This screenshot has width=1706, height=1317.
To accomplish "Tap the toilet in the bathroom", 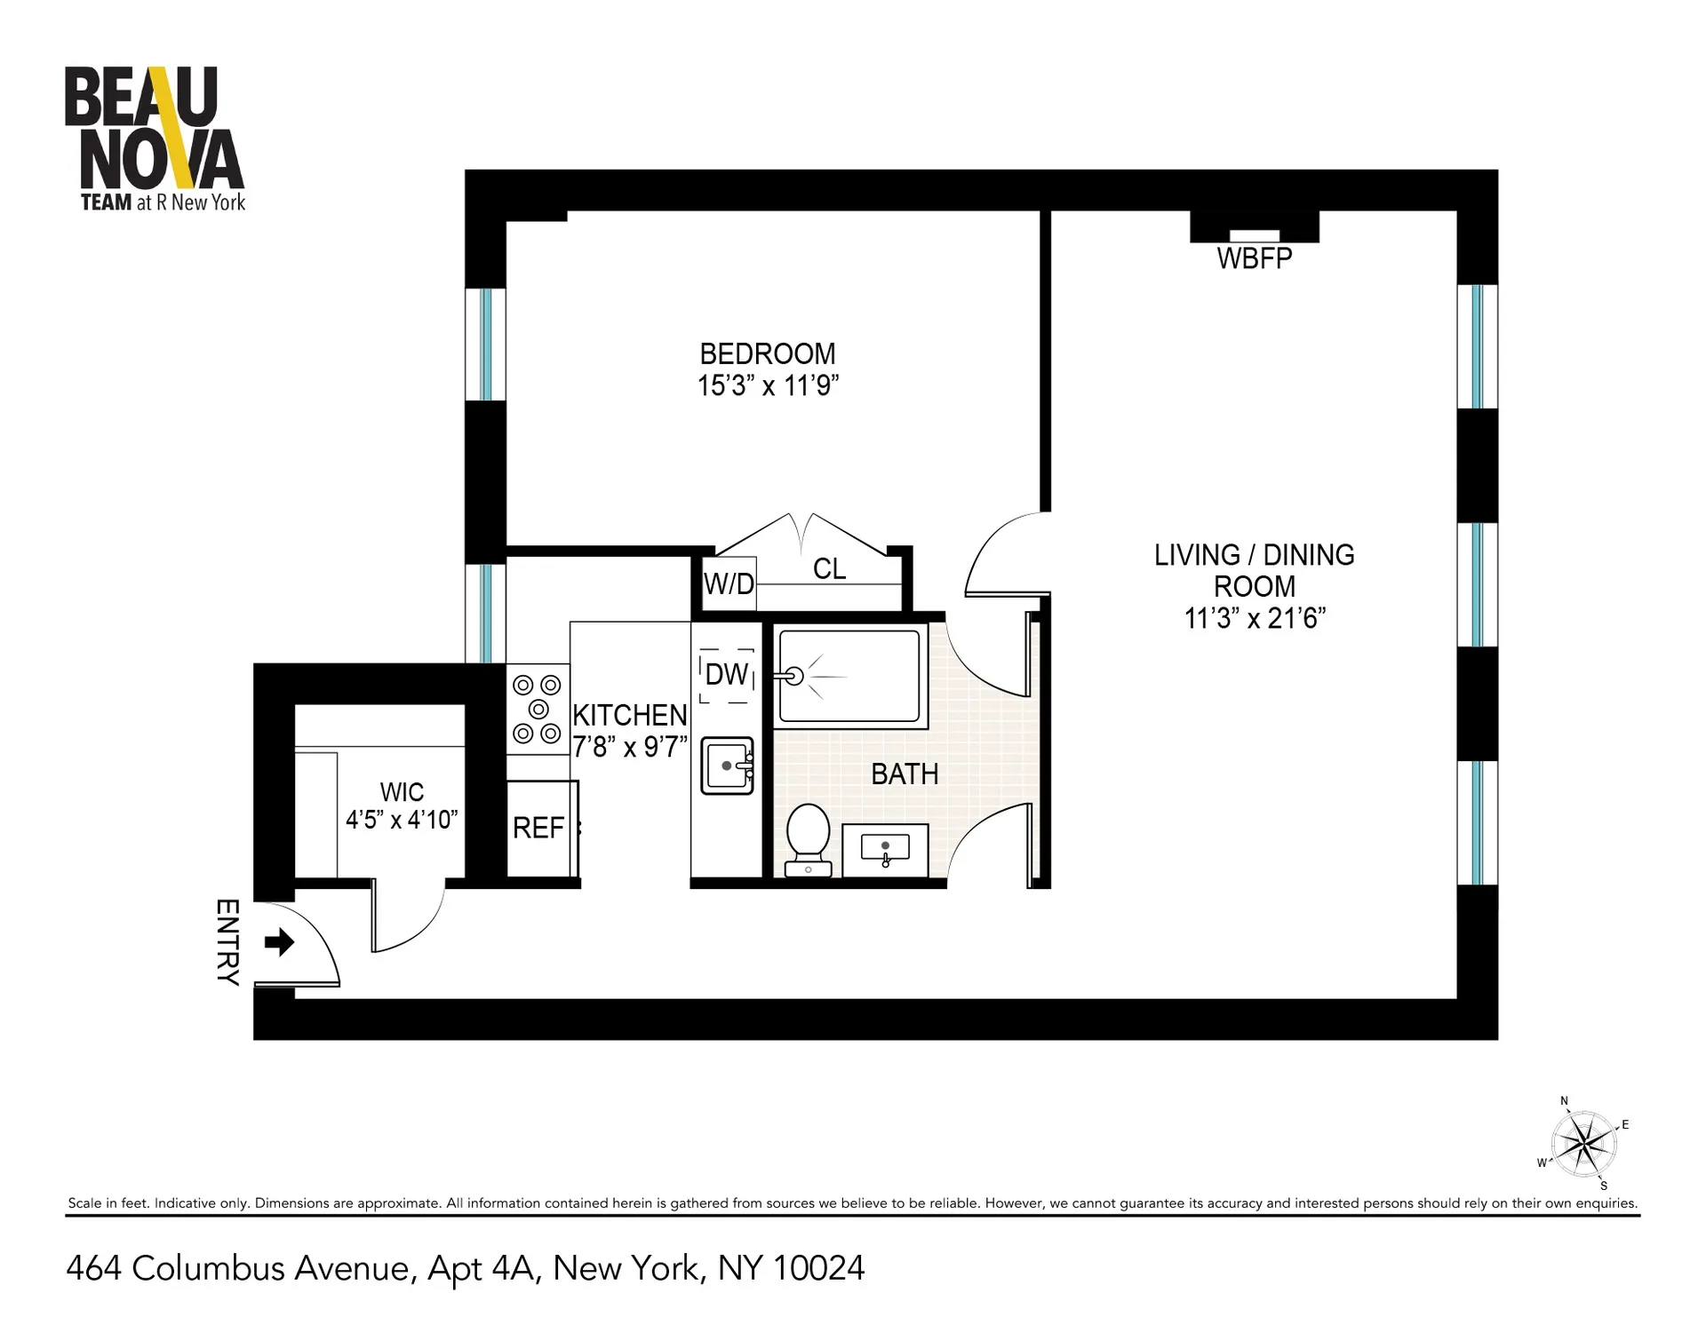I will click(x=809, y=839).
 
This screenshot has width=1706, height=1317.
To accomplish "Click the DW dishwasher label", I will click(x=727, y=675).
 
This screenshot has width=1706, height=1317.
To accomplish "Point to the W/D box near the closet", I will click(x=729, y=583).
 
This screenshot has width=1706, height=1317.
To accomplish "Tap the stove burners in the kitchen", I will click(x=538, y=710).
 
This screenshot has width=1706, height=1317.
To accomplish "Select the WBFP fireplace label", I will click(x=1254, y=258).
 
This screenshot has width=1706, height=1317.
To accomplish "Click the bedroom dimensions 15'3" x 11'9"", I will click(x=768, y=386).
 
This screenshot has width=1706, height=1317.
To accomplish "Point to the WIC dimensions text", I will click(x=402, y=820).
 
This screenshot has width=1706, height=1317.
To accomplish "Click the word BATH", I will click(x=905, y=774).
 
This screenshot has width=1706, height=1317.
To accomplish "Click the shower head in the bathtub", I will click(x=793, y=677).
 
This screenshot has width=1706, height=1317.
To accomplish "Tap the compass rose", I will click(x=1583, y=1144).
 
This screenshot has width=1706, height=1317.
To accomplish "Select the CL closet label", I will click(x=829, y=569).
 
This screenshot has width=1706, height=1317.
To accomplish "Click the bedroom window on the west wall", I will click(x=485, y=345).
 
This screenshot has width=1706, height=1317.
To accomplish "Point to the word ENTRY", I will click(x=227, y=942).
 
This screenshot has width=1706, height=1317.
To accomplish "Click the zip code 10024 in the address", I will click(x=818, y=1268).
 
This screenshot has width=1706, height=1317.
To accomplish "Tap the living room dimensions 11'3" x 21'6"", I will click(x=1255, y=619).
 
